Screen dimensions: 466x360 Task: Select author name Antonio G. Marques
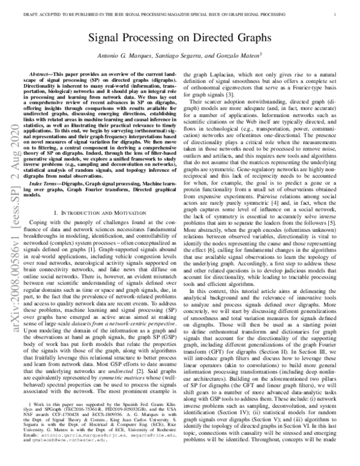tap(123, 55)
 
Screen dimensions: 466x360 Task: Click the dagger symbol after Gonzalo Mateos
tap(262, 53)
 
